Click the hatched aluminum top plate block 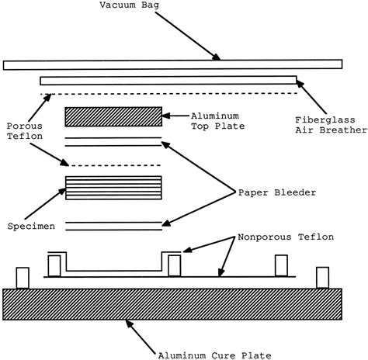coord(113,116)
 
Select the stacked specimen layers coord(113,188)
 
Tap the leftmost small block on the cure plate coord(23,277)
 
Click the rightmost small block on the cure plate coord(322,277)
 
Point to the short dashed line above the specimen coord(114,165)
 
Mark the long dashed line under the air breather coord(170,93)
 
